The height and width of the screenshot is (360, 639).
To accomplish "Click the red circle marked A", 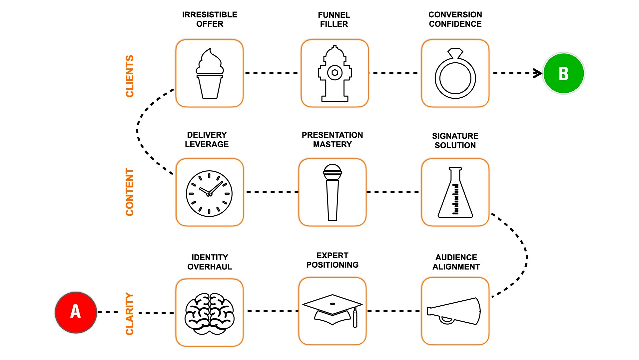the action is [76, 312].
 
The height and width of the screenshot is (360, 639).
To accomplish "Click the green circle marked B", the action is [563, 73].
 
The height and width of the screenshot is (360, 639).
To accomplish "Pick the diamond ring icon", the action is [455, 74].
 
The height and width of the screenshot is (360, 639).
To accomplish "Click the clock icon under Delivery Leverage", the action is [209, 193].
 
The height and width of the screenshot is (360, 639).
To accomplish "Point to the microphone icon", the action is [332, 192].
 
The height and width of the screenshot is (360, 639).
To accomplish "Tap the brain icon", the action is [209, 313].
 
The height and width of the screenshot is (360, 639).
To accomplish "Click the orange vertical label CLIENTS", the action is [130, 76].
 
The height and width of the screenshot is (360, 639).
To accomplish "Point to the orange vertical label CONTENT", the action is [130, 192].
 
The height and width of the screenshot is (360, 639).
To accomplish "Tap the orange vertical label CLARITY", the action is [130, 313].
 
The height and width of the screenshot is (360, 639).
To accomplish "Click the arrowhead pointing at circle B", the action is [537, 73].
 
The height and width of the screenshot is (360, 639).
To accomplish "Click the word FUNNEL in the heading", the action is [334, 15].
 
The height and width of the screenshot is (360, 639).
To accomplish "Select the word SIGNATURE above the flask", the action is [455, 136].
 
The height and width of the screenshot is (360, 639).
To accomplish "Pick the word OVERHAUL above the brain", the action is [210, 267].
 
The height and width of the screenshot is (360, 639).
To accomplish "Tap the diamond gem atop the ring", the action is [455, 53].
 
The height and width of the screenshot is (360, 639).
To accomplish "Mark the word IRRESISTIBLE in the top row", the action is [210, 15].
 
